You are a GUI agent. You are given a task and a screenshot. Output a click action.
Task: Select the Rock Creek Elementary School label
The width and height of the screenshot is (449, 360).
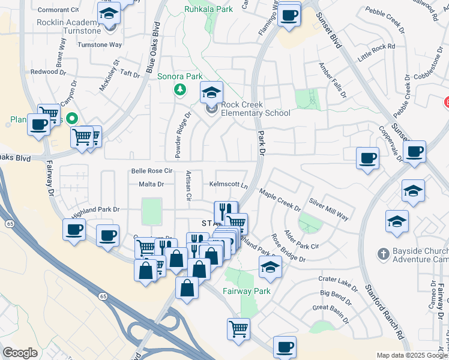click(x=255, y=109)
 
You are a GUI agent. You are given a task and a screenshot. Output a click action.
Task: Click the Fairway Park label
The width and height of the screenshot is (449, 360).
click(x=247, y=291)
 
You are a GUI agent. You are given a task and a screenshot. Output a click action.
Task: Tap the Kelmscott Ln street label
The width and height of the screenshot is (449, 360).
click(x=228, y=184)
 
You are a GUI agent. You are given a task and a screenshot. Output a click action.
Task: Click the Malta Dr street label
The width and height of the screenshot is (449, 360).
click(x=151, y=184)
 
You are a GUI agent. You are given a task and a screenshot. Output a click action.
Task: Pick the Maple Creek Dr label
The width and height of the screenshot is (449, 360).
click(x=280, y=200)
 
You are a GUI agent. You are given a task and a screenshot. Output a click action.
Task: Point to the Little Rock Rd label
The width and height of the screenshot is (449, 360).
click(x=376, y=50)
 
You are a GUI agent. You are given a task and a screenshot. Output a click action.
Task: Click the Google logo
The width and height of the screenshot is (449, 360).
click(x=20, y=353)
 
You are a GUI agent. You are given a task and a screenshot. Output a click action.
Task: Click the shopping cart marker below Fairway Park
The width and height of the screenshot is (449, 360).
click(x=238, y=328)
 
